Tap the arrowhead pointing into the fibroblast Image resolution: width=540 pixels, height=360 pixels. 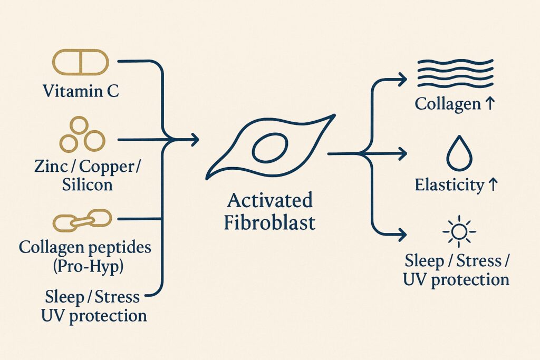click(x=195, y=140)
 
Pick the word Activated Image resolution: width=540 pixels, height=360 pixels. click(x=269, y=201)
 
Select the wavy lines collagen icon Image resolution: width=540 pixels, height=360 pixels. click(x=455, y=73)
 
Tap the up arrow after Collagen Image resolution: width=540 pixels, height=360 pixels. click(x=490, y=104)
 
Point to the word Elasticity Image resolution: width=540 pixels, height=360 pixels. click(x=449, y=186)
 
